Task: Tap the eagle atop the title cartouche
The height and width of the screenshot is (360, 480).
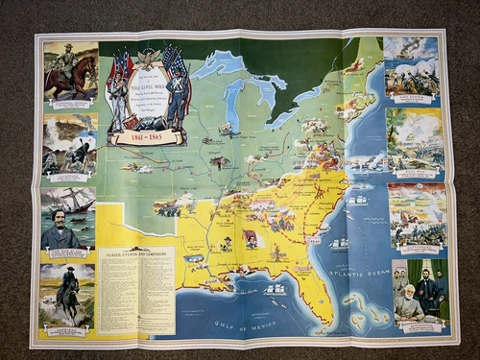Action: [147, 57]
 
